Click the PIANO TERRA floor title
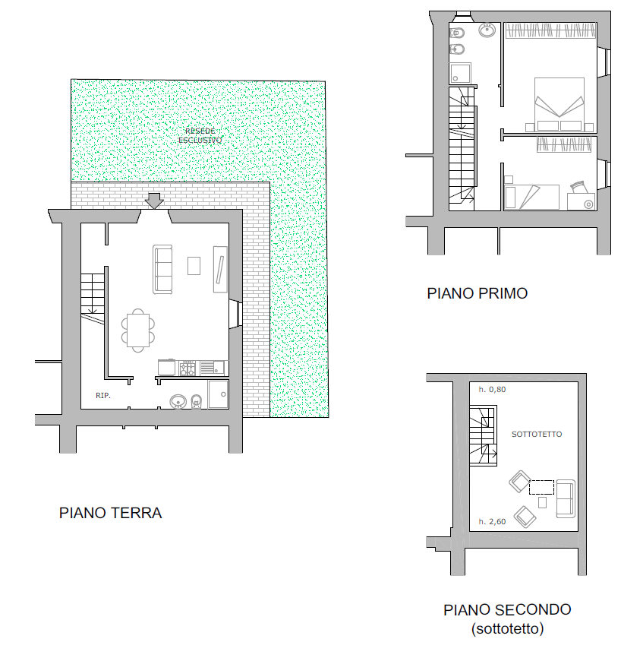click(110, 513)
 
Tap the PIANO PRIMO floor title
click(477, 293)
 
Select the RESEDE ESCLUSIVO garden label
click(200, 136)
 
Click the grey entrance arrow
click(155, 201)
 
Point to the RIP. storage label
click(103, 395)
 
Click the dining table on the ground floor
click(138, 330)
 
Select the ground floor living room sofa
click(162, 270)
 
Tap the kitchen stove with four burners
click(188, 368)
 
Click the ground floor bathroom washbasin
click(178, 401)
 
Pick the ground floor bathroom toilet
click(196, 402)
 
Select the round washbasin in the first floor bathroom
click(487, 30)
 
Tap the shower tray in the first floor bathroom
click(460, 74)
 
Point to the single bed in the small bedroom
click(532, 197)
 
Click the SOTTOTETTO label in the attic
click(537, 434)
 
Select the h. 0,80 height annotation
click(492, 390)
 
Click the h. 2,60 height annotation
click(492, 521)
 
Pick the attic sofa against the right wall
click(566, 498)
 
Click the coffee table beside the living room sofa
click(194, 266)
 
